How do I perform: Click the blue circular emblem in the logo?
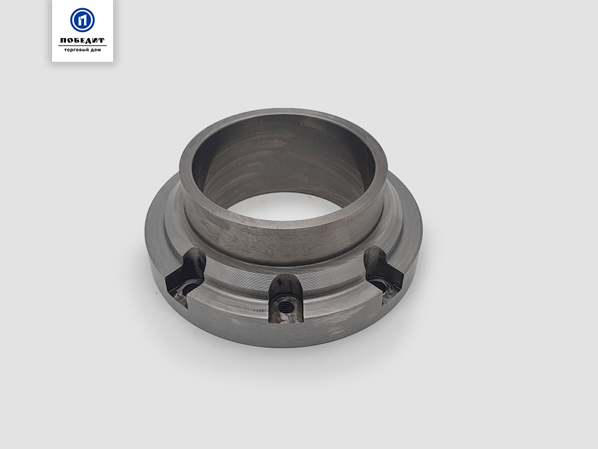pyautogui.click(x=82, y=20)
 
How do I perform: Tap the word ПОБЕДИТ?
pyautogui.click(x=82, y=40)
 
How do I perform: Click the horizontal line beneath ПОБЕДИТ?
pyautogui.click(x=82, y=46)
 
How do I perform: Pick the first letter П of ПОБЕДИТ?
pyautogui.click(x=63, y=40)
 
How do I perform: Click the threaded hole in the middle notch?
pyautogui.click(x=283, y=305)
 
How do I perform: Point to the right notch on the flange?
pyautogui.click(x=383, y=274)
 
